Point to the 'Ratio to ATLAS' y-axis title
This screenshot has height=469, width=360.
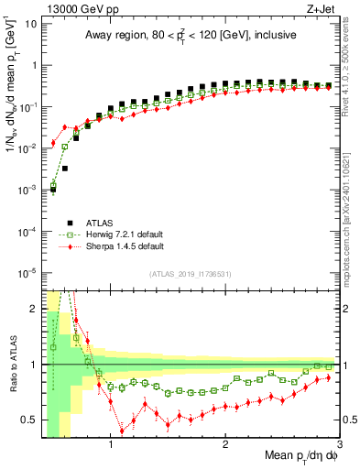[x=11, y=365]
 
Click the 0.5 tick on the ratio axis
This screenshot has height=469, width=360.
[x=29, y=420]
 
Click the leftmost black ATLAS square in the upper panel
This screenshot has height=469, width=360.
[x=53, y=190]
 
